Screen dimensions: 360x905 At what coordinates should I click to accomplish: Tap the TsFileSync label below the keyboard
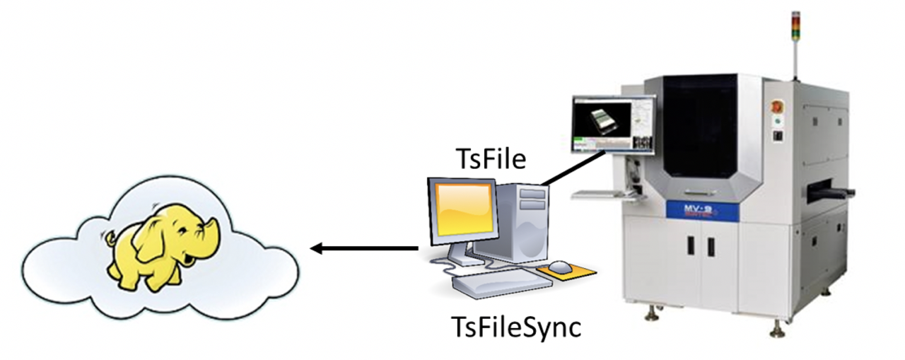[516, 327]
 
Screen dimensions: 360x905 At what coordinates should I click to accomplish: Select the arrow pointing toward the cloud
[364, 248]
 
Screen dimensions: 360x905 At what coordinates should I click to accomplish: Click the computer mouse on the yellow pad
[561, 267]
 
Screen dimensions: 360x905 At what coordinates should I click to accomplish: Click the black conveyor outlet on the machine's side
[834, 190]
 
